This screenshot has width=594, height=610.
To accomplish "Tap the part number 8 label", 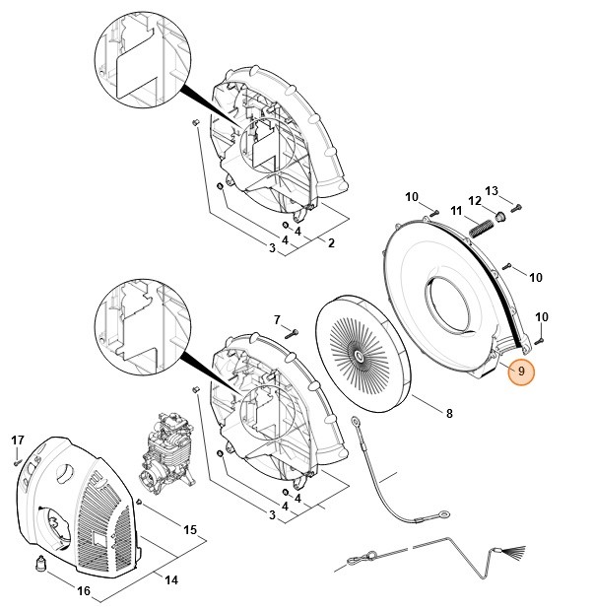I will coord(449,414).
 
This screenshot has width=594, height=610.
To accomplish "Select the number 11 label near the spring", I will coord(456,211).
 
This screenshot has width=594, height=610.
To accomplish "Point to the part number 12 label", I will coord(474,201).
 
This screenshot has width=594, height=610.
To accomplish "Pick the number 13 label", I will coord(493,191).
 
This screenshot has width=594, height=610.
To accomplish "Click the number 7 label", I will coord(277,320).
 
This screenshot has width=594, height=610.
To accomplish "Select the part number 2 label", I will coord(331,243).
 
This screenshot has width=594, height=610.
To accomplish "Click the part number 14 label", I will coord(171,580).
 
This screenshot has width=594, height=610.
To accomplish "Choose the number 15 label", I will coord(190,530).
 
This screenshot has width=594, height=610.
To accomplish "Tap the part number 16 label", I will coord(84,590).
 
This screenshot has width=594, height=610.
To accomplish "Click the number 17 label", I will coord(17,440).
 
